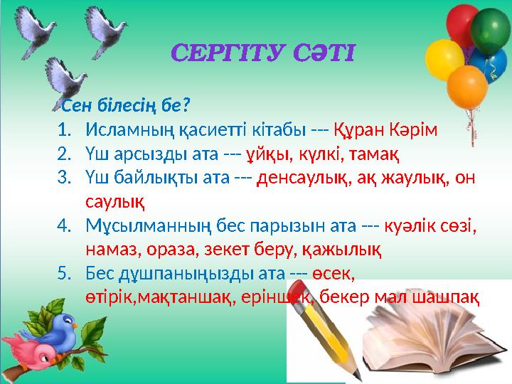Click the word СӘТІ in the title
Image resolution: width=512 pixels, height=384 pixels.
[324, 53]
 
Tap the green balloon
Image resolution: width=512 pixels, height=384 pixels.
[490, 31]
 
